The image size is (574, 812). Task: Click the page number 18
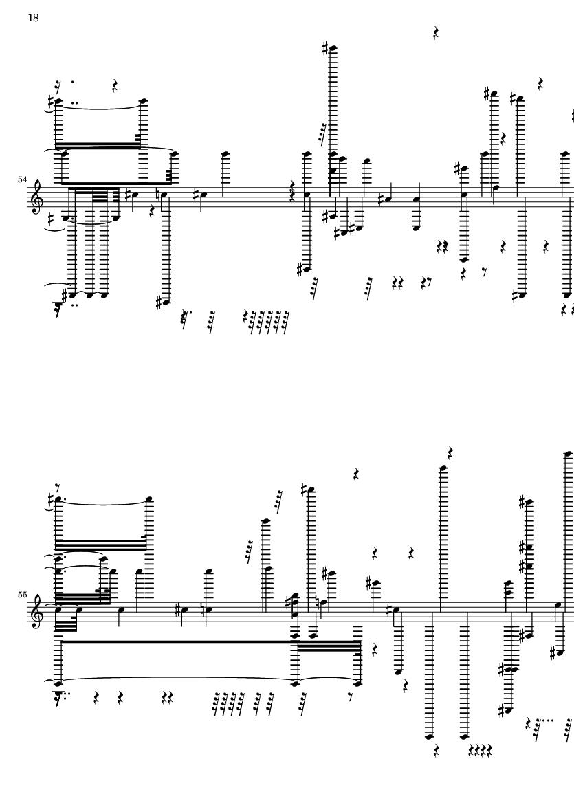click(33, 18)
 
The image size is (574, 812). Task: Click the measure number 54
click(22, 179)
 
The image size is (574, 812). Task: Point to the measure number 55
click(22, 595)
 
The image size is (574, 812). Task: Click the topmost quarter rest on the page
click(436, 33)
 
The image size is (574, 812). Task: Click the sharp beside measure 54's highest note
click(325, 49)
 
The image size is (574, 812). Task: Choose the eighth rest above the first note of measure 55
click(58, 487)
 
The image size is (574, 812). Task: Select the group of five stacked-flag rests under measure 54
click(267, 322)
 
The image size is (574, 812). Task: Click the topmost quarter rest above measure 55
click(451, 453)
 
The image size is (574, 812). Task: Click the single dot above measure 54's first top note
click(72, 81)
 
